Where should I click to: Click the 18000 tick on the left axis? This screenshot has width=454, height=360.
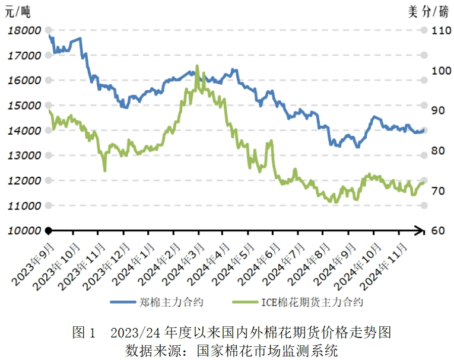(x=24, y=30)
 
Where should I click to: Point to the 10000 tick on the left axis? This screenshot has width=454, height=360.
(x=24, y=231)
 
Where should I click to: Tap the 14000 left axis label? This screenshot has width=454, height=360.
(x=24, y=130)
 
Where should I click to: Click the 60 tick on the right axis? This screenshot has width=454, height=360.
(x=436, y=231)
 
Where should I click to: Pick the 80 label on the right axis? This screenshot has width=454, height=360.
(x=436, y=151)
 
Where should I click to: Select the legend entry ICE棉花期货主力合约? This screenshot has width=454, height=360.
(x=312, y=302)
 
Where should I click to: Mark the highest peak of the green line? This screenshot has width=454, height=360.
(x=197, y=66)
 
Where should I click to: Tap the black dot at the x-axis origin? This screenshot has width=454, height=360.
(x=49, y=230)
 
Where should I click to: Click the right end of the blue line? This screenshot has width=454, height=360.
(x=424, y=130)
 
